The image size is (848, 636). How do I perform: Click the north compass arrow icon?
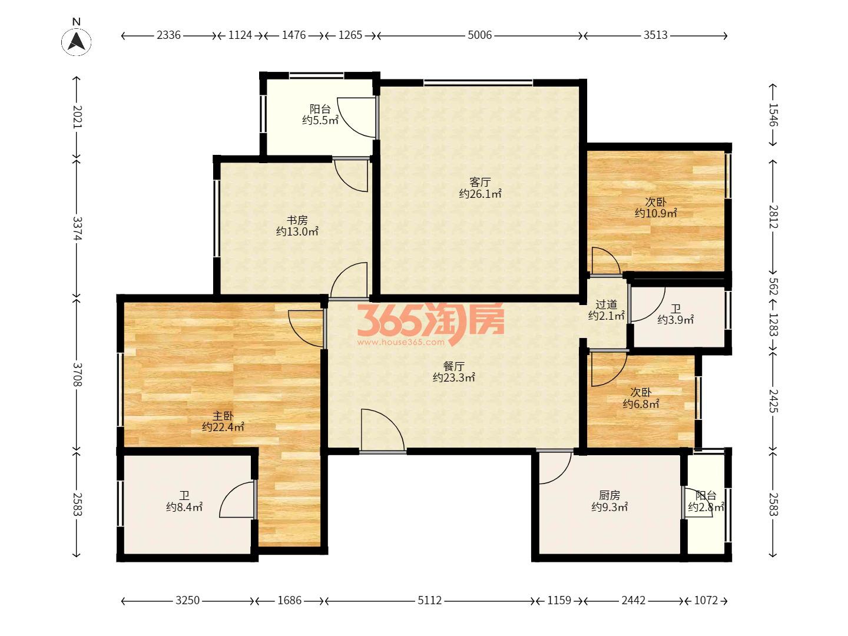[77, 41]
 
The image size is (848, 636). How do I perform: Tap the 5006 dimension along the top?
[479, 35]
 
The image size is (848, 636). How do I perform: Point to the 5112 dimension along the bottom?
[430, 600]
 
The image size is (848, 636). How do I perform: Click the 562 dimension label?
[773, 286]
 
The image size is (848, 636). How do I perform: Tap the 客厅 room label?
[480, 181]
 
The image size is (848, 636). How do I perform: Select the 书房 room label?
[297, 220]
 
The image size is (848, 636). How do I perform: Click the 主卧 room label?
[223, 416]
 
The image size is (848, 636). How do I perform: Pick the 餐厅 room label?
[453, 366]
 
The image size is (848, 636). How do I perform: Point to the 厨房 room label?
[609, 495]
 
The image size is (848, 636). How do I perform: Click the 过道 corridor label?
[606, 304]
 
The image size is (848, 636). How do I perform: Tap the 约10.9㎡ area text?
[655, 213]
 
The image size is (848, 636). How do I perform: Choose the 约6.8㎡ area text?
[641, 403]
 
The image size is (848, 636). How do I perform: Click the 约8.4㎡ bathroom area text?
[184, 506]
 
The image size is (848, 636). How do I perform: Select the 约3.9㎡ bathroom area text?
[675, 319]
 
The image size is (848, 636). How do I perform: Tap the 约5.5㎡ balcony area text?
[320, 120]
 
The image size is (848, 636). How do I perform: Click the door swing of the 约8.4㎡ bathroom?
[232, 492]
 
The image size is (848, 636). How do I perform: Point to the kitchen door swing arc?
[562, 476]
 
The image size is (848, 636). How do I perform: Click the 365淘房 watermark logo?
[430, 324]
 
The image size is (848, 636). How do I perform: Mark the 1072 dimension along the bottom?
[706, 600]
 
